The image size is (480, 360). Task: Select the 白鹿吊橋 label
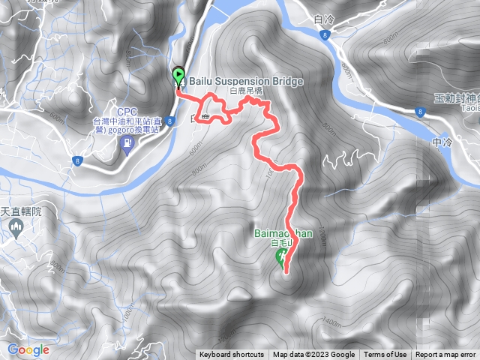pyautogui.click(x=247, y=90)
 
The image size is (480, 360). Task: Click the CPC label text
pyautogui.click(x=126, y=111)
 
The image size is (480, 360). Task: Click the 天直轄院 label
pyautogui.click(x=20, y=212)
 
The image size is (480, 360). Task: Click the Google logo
pyautogui.click(x=28, y=349)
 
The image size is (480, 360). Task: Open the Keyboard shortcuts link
pyautogui.click(x=231, y=355)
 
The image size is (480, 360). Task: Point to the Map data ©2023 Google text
pyautogui.click(x=314, y=355)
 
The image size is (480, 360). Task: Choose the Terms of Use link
pyautogui.click(x=385, y=355)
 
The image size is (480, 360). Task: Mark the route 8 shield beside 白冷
pyautogui.click(x=322, y=34)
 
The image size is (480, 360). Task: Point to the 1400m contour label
pyautogui.click(x=331, y=322)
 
